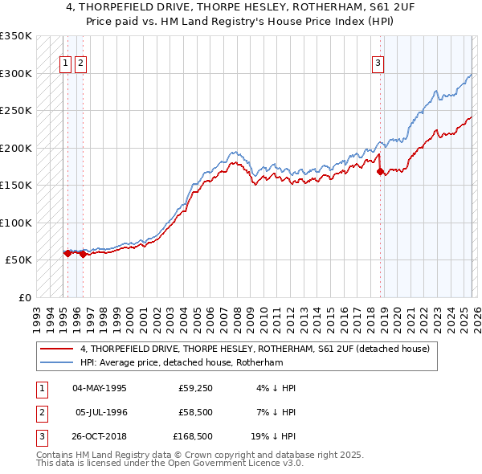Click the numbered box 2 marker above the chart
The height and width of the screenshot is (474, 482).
pos(82,66)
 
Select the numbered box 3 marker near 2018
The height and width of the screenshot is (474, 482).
pos(378,66)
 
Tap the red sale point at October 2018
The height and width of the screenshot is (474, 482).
pos(380,170)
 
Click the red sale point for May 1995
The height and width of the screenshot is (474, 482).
pos(67,253)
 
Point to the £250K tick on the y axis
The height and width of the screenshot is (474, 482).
pos(16,111)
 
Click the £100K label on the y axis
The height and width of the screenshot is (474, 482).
pos(16,223)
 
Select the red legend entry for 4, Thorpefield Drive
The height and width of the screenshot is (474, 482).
pos(255,349)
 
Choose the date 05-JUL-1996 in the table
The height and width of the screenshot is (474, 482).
pos(100,412)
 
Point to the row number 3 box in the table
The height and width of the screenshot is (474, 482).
pos(41,437)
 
